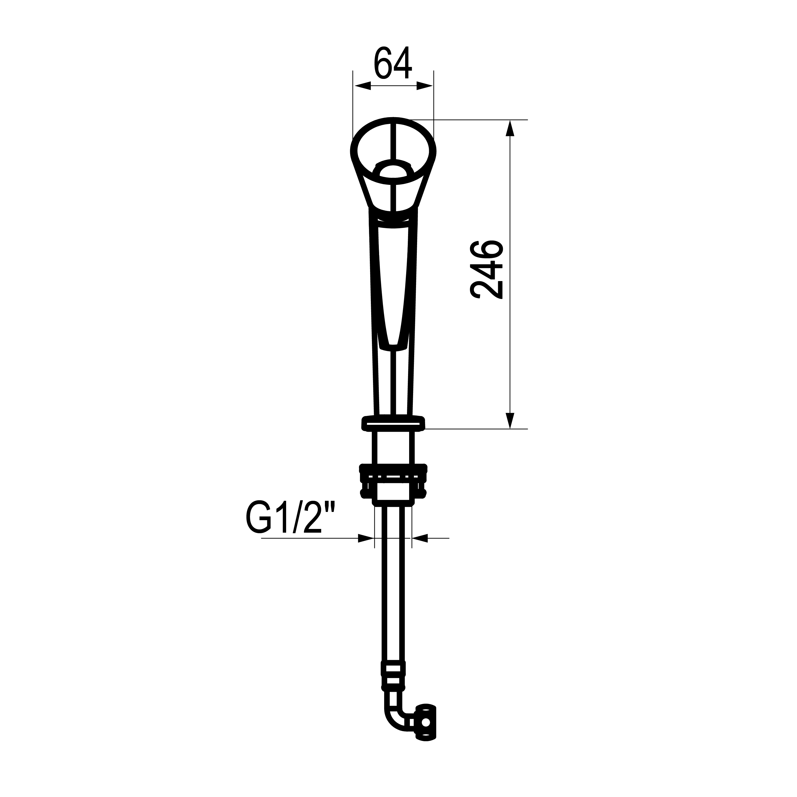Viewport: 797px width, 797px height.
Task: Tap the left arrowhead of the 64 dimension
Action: click(363, 86)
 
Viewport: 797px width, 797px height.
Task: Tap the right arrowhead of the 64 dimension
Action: click(425, 86)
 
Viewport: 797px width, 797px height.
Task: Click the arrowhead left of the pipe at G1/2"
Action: click(366, 538)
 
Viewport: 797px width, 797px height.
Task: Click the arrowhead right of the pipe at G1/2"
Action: click(420, 538)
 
